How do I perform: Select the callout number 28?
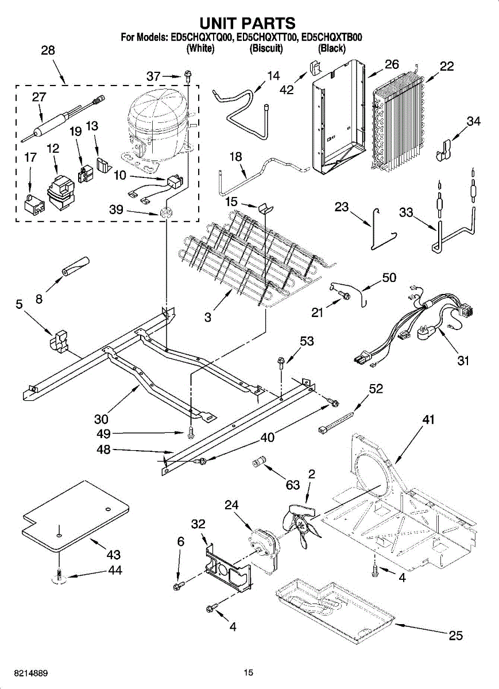48,51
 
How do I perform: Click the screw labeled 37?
188,75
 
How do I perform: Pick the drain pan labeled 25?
333,609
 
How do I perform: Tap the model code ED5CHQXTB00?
332,38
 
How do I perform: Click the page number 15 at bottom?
248,672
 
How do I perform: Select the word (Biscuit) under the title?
266,49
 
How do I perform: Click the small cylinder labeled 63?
262,462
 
